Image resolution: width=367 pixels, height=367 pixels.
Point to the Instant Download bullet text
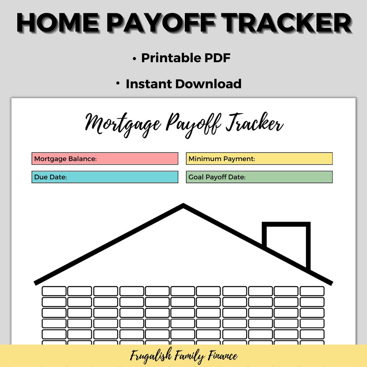point(183,84)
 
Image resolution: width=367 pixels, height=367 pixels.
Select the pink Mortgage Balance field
point(105,159)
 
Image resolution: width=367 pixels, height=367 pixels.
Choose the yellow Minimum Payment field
point(259,159)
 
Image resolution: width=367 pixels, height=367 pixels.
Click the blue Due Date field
point(105,177)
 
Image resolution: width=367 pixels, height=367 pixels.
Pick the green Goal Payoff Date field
point(259,177)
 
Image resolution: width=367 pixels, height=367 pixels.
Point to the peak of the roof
point(183,205)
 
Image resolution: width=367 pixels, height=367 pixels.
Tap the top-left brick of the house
point(54,291)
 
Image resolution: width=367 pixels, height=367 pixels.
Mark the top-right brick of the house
point(312,291)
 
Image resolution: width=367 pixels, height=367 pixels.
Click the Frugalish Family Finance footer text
point(183,356)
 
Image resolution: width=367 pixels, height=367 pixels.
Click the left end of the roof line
point(36,282)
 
